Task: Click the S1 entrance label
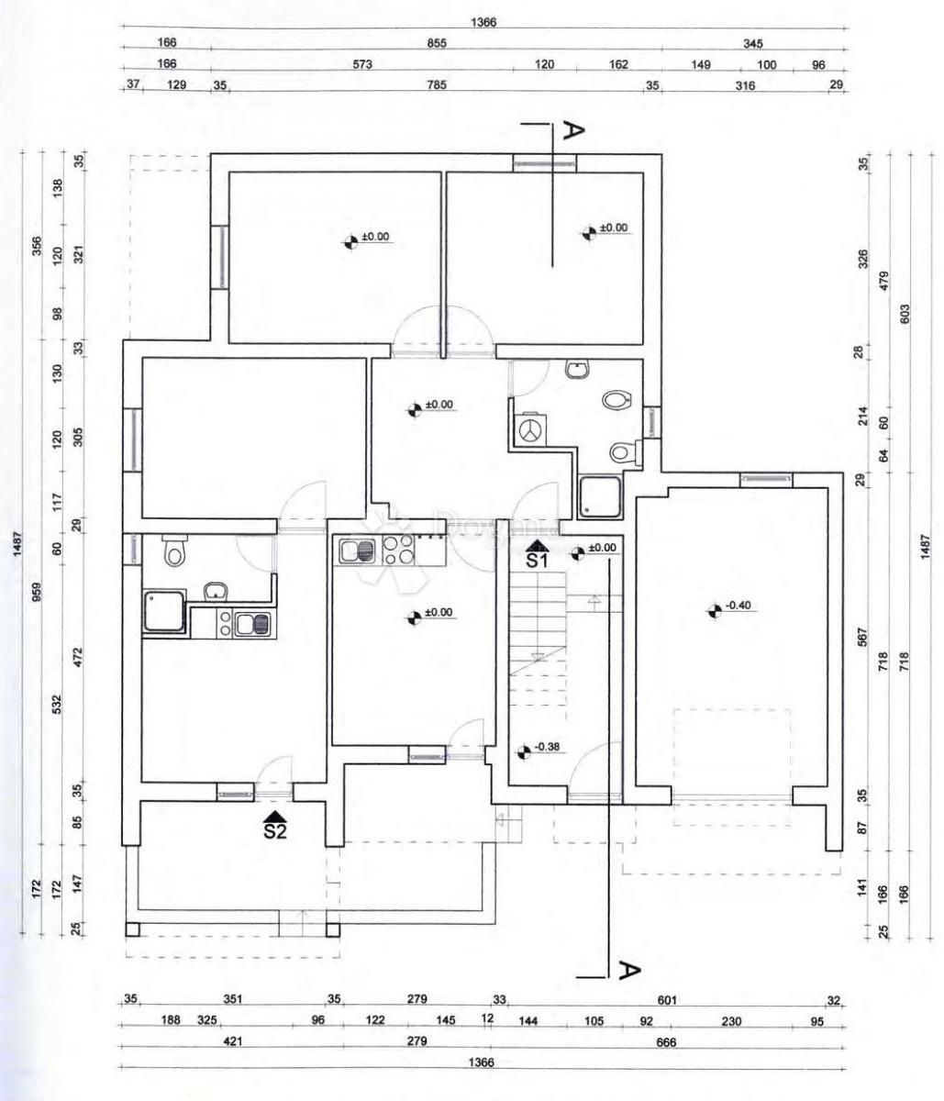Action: click(x=536, y=560)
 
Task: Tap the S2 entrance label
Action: click(x=275, y=832)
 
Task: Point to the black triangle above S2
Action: click(x=275, y=816)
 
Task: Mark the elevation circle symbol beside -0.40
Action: click(x=714, y=609)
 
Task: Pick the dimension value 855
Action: click(x=436, y=43)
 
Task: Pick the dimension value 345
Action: click(x=754, y=43)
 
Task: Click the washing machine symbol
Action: click(x=529, y=430)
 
